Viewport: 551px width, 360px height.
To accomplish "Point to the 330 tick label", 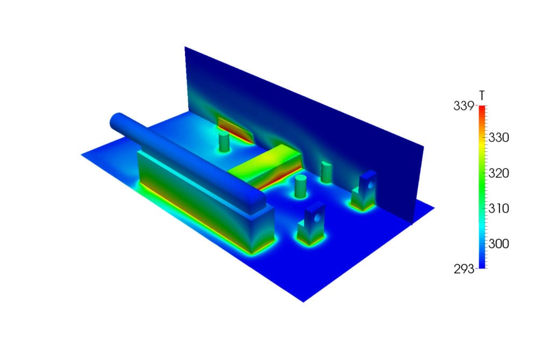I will point(499,138).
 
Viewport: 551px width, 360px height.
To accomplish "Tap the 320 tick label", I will point(499,173).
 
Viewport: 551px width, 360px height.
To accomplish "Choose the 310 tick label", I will point(499,208).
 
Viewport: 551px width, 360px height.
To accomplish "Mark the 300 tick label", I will point(499,244).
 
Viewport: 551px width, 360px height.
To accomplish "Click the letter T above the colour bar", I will point(482,96).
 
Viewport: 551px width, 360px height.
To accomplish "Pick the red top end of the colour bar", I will point(482,108).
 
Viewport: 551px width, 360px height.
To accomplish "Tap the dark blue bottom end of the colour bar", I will point(482,265).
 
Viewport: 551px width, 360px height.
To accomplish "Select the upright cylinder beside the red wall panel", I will point(224,142).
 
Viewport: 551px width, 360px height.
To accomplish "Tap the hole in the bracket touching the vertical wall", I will point(370,185).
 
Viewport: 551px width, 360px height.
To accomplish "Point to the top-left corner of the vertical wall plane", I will point(186,48).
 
